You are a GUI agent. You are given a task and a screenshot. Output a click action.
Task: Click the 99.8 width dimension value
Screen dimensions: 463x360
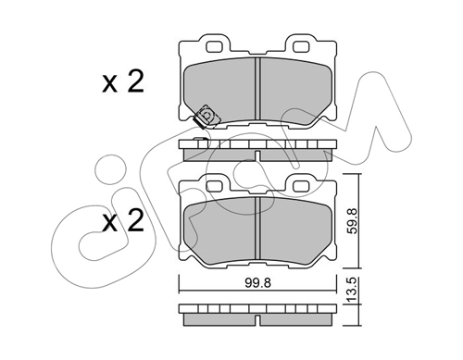257,283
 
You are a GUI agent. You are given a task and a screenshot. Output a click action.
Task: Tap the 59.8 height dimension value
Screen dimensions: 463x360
352,221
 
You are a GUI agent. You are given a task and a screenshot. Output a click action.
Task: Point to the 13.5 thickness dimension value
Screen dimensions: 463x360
352,290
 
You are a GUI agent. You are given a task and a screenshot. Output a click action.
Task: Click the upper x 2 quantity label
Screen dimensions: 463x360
123,81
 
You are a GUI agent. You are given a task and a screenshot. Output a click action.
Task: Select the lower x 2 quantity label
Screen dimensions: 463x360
123,220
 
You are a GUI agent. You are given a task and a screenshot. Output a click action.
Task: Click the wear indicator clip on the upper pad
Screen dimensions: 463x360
206,117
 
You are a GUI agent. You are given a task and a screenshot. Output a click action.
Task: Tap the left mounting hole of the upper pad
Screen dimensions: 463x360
214,46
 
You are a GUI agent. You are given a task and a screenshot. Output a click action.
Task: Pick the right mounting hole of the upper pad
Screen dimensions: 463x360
301,46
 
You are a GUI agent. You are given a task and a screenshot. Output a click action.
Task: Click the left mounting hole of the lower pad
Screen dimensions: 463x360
214,186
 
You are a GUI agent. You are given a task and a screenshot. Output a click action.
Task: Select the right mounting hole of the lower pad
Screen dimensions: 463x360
301,186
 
